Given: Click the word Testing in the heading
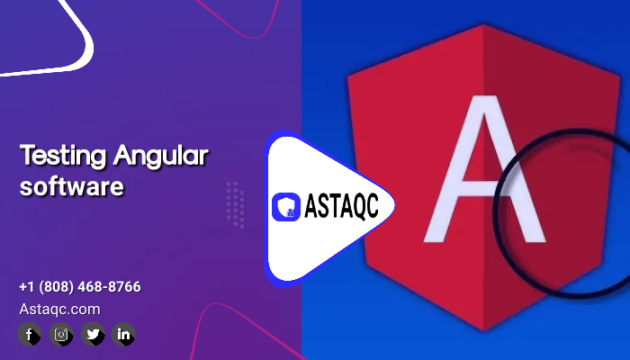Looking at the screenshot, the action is [63, 156].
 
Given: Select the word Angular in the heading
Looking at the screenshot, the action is [161, 156].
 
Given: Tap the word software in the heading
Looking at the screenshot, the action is [71, 186].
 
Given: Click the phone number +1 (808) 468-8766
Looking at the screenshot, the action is [80, 287].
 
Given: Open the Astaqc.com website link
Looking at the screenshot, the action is [59, 310].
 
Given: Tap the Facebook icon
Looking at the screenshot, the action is [29, 334].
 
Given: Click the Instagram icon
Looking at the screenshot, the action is [61, 334].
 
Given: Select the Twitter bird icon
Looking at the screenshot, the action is [93, 334].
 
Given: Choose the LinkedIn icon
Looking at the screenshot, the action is [123, 334].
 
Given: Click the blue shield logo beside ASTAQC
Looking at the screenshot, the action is [286, 207].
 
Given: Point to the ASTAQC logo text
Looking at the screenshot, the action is [341, 206].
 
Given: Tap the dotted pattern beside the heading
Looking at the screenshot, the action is [236, 205].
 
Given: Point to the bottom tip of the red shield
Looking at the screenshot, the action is [483, 330].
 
